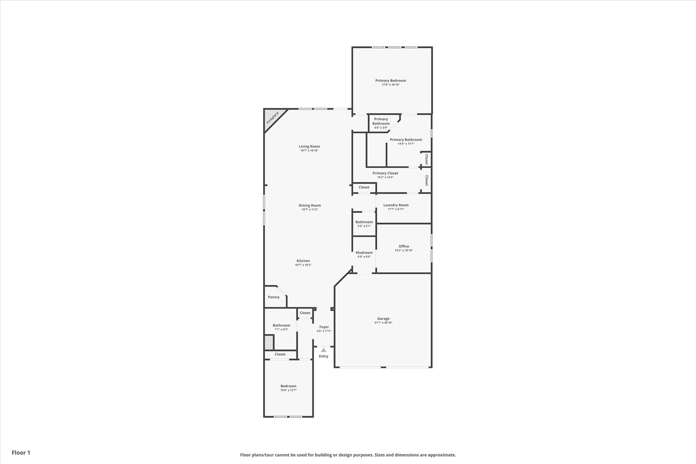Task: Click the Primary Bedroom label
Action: pyautogui.click(x=390, y=81)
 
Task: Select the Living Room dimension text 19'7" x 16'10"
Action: pyautogui.click(x=309, y=151)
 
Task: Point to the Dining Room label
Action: pyautogui.click(x=310, y=205)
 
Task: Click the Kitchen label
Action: pyautogui.click(x=303, y=261)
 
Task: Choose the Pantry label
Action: pyautogui.click(x=274, y=297)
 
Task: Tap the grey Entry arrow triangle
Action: pyautogui.click(x=324, y=350)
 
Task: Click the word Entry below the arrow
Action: pyautogui.click(x=324, y=356)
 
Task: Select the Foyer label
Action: pyautogui.click(x=324, y=327)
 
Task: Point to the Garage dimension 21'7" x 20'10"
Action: pyautogui.click(x=383, y=323)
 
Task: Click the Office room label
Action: pyautogui.click(x=404, y=246)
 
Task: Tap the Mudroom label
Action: pyautogui.click(x=364, y=253)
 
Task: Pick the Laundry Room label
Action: pyautogui.click(x=396, y=205)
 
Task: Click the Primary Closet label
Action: pyautogui.click(x=385, y=173)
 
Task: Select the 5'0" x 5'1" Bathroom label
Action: pyautogui.click(x=364, y=222)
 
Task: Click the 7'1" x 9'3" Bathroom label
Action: pyautogui.click(x=281, y=325)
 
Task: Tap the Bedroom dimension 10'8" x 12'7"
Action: pyautogui.click(x=289, y=390)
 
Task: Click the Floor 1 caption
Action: pyautogui.click(x=21, y=453)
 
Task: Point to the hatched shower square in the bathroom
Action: pyautogui.click(x=269, y=342)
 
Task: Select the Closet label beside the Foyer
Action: pyautogui.click(x=305, y=313)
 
